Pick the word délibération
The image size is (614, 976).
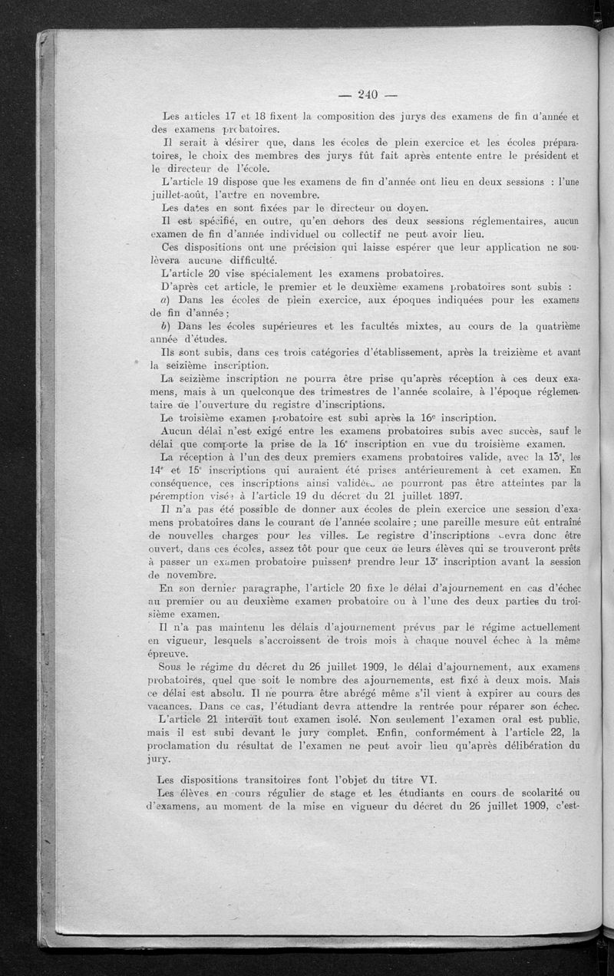[x=530, y=746]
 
